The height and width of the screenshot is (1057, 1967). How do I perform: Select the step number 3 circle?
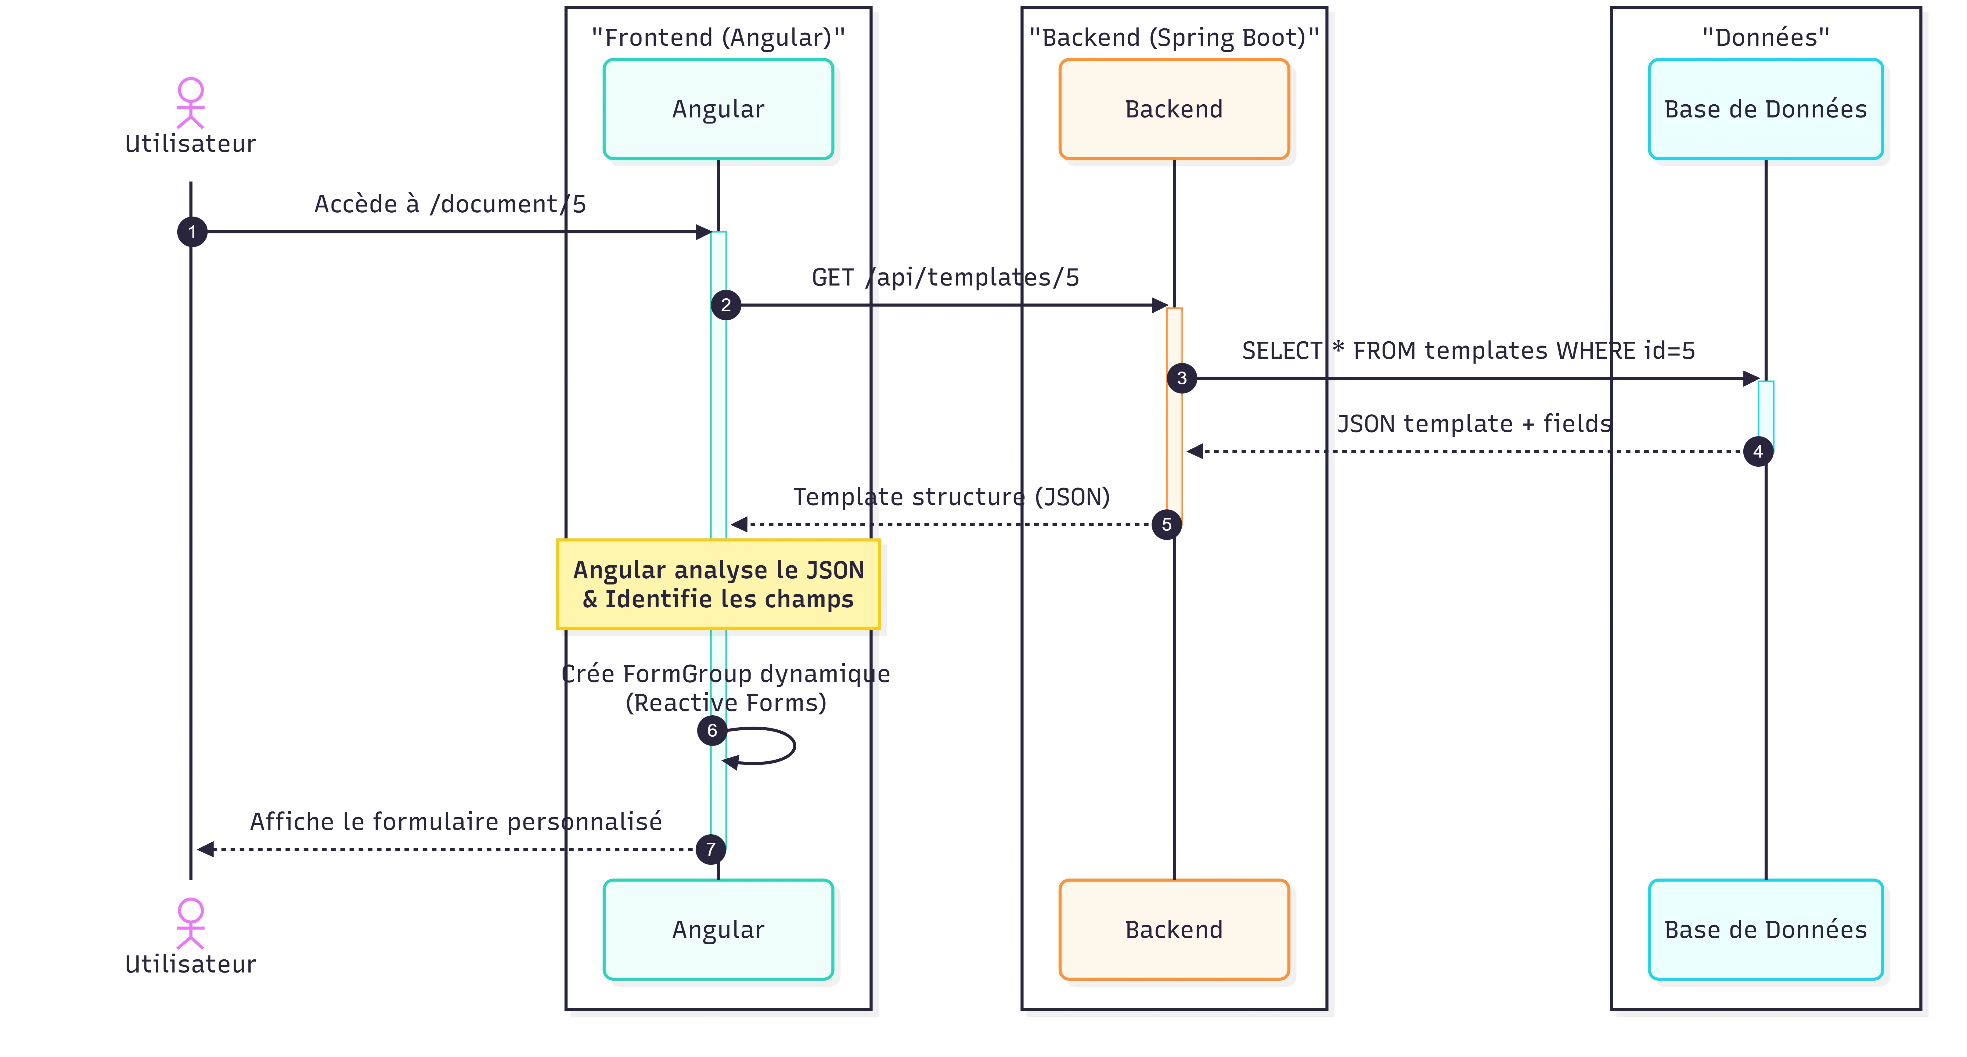coord(1181,378)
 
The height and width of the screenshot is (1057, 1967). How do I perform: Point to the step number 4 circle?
coord(1758,451)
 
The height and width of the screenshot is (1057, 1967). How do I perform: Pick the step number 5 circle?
coord(1166,525)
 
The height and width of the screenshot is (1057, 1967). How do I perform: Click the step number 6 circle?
coord(712,731)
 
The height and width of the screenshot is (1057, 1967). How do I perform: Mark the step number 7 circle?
coord(710,849)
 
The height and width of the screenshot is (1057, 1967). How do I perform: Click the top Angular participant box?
coord(718,109)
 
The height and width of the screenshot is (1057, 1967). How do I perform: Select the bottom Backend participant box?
coord(1174,929)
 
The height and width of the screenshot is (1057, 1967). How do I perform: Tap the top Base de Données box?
coord(1765,109)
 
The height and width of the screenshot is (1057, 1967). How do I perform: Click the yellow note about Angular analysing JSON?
coord(718,584)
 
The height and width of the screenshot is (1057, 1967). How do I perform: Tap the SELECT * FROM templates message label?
coord(1468,351)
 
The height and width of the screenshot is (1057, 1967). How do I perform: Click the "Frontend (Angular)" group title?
coord(718,38)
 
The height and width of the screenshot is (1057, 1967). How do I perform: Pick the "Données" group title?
coord(1765,38)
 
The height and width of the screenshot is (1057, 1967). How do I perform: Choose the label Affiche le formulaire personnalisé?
coord(456,822)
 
